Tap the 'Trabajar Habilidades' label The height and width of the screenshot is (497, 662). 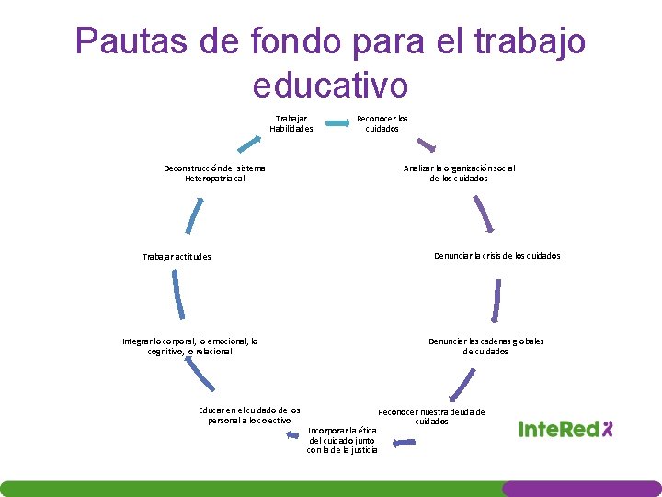tap(291, 123)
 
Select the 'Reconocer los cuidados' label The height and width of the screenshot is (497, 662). tap(382, 123)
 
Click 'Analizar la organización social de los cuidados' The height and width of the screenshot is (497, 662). tap(459, 173)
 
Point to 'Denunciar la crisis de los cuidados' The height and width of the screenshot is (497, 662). tap(496, 256)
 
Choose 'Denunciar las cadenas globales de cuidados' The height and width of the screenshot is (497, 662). tap(485, 346)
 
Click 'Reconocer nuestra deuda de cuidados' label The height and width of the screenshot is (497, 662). tap(431, 417)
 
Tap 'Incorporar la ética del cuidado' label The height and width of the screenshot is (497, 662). tap(342, 440)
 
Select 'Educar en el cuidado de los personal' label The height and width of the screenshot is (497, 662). tap(249, 415)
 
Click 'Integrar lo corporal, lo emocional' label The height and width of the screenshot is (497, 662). tap(190, 346)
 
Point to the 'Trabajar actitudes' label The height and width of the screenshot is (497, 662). tap(177, 257)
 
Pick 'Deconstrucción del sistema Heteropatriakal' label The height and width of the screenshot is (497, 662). tap(214, 173)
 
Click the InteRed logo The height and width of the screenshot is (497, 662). tap(565, 428)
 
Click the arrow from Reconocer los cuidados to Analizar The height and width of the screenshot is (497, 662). tap(425, 144)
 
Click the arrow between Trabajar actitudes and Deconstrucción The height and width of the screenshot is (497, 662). tap(190, 215)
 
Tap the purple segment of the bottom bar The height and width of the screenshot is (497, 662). tap(581, 489)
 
